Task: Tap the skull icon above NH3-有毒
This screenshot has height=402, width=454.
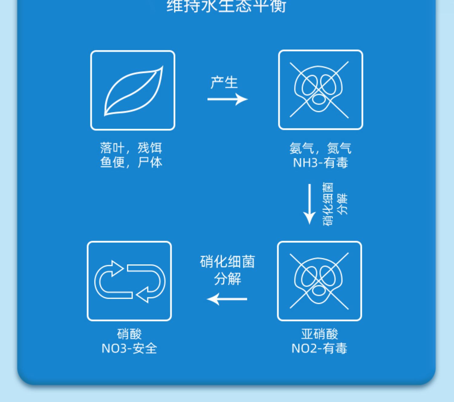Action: pyautogui.click(x=320, y=90)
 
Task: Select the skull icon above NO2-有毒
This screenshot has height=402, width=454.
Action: pyautogui.click(x=319, y=281)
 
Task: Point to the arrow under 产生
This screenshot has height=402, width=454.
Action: pyautogui.click(x=227, y=99)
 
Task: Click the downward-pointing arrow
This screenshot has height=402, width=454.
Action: pyautogui.click(x=309, y=204)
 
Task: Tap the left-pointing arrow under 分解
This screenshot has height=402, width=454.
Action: pyautogui.click(x=227, y=299)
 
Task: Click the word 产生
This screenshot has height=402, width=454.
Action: pyautogui.click(x=224, y=83)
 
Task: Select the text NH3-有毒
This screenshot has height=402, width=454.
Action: pyautogui.click(x=320, y=163)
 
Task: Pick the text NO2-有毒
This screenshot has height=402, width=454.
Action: pyautogui.click(x=319, y=348)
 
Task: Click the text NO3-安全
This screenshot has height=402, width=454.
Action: pyautogui.click(x=129, y=348)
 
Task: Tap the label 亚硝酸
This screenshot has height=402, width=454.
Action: pyautogui.click(x=319, y=334)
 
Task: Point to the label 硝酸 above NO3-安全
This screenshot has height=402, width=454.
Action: pyautogui.click(x=129, y=334)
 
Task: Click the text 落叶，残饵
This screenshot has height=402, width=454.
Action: pyautogui.click(x=131, y=148)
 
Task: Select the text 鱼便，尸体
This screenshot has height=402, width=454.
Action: pyautogui.click(x=131, y=163)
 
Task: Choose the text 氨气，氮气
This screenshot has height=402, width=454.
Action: pyautogui.click(x=320, y=148)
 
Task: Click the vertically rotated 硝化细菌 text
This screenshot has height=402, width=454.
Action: pyautogui.click(x=328, y=204)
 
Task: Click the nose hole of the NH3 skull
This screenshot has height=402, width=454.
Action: pyautogui.click(x=318, y=99)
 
